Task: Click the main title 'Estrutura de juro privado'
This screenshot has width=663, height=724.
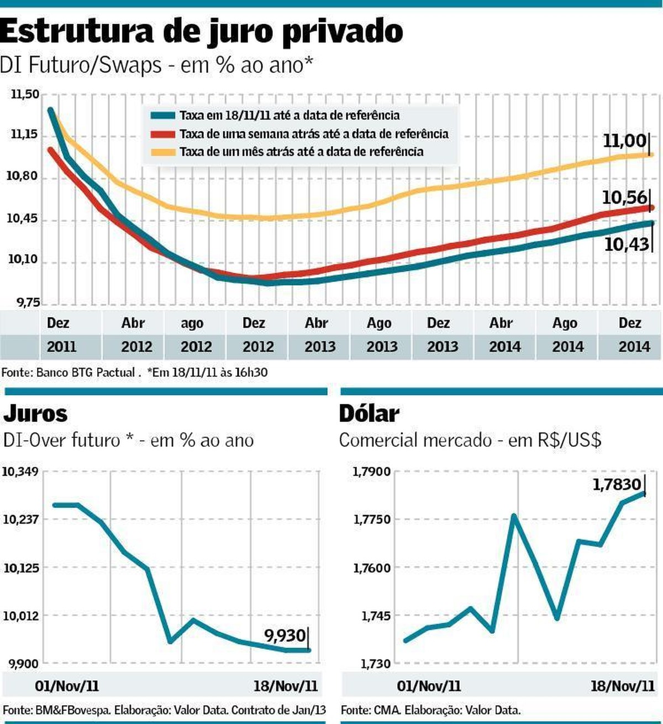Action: pos(202,32)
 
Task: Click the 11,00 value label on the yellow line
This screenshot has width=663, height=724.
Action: pos(624,141)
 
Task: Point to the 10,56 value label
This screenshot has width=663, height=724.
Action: pos(624,197)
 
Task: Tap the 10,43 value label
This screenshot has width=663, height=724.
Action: pos(627,244)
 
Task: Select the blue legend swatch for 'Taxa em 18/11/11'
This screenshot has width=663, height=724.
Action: pos(163,116)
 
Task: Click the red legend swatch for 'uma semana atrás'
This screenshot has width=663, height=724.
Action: pos(163,134)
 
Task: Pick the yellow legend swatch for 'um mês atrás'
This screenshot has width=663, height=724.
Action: pos(163,152)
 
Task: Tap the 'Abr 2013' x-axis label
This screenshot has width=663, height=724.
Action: pos(319,335)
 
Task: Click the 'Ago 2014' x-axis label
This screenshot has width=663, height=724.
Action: pos(567,335)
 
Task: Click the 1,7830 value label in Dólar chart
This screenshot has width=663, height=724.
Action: pos(617,485)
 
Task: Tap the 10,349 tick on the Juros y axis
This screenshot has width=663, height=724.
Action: pos(21,472)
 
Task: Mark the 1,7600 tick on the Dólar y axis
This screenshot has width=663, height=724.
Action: pos(372,568)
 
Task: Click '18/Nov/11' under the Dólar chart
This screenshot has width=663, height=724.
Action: pos(623,686)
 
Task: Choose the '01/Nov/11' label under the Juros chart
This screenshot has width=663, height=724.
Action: pos(67,686)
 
